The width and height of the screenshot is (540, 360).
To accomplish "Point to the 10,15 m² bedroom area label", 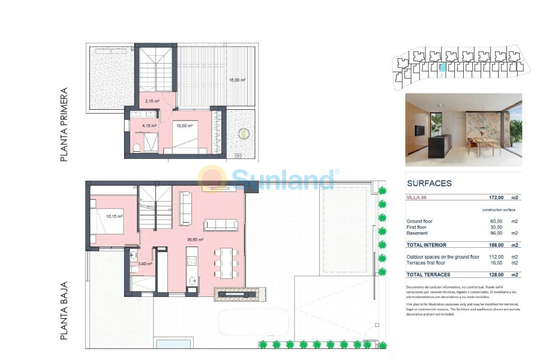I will point(114,216).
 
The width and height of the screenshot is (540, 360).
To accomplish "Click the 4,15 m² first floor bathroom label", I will point(149,125).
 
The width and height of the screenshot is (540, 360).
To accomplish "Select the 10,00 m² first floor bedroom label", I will point(184,125).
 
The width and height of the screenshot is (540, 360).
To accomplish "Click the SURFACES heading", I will point(429,183).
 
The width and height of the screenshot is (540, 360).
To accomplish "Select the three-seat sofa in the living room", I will point(221,224).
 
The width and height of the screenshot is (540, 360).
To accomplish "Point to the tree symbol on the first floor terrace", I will point(244,133).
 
